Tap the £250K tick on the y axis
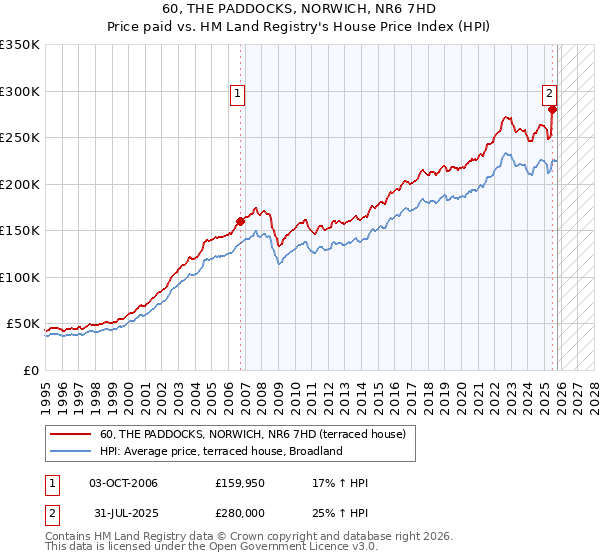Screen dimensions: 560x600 tap(19, 138)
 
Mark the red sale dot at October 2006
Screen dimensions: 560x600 tap(241, 221)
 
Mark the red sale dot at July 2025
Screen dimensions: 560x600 tap(552, 110)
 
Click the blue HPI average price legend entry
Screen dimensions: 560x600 tap(221, 451)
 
